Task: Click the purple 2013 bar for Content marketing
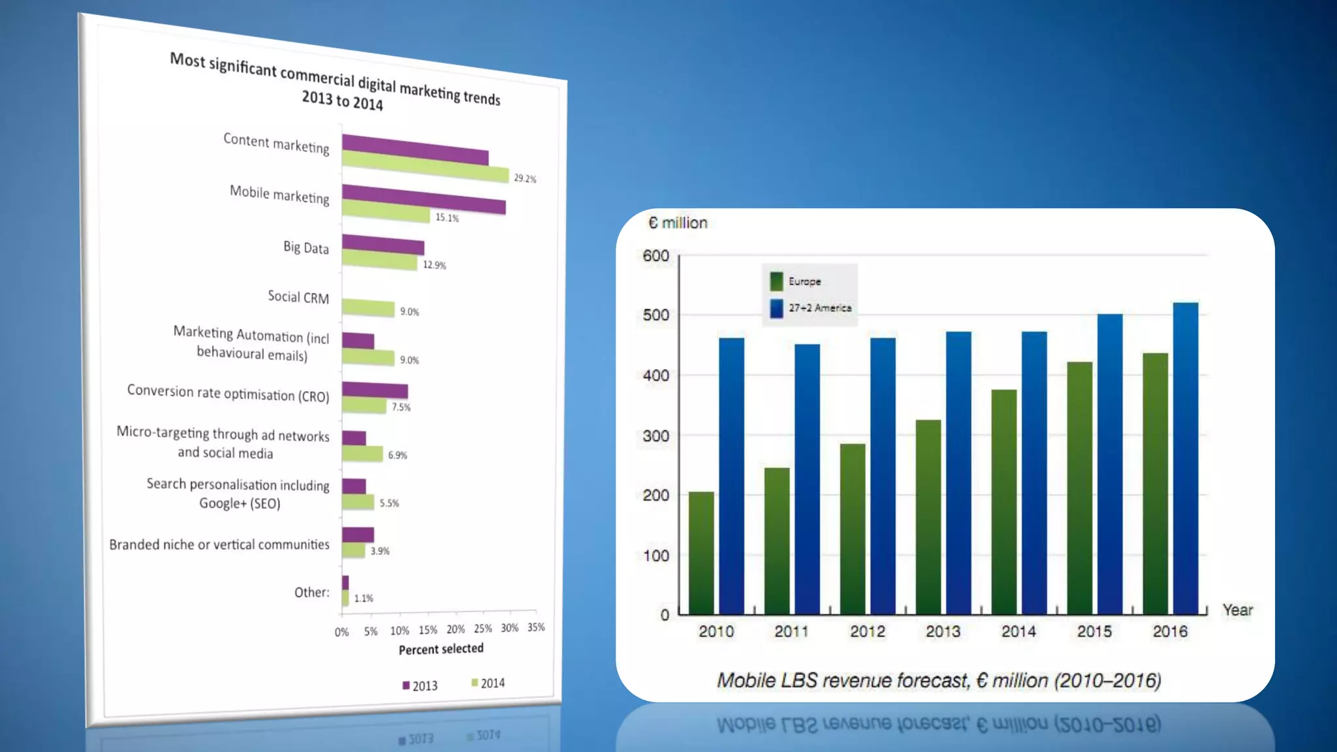coord(415,149)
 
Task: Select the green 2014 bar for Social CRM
coord(368,307)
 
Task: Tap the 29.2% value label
coord(525,178)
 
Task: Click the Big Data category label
coord(306,247)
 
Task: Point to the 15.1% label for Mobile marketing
coord(447,218)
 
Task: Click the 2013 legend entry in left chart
coord(420,685)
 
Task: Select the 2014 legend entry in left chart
coord(488,683)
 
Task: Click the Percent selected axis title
coord(441,649)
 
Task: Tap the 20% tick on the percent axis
coord(456,629)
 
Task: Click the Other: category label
coord(311,592)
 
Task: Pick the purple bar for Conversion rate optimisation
coord(375,390)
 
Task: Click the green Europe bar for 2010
coord(701,552)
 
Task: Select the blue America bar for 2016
coord(1186,457)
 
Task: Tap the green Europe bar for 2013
coord(928,516)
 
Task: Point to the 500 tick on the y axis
coord(655,315)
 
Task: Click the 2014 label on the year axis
coord(1018,631)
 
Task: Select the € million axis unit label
coord(678,223)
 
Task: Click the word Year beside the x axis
coord(1237,610)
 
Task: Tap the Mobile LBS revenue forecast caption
coord(939,680)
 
